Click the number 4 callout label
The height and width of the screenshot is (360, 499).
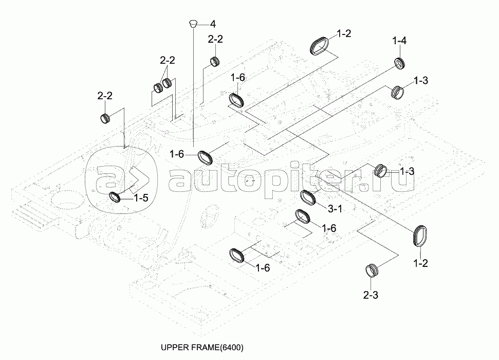(x=212, y=24)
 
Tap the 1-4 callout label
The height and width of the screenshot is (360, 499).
(x=399, y=41)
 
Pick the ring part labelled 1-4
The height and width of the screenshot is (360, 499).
(x=400, y=63)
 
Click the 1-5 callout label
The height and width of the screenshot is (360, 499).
(x=141, y=197)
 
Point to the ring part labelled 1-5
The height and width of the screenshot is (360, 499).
(x=117, y=196)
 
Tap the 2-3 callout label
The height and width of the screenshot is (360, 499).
(x=371, y=296)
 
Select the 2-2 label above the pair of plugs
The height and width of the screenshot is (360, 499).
(x=168, y=61)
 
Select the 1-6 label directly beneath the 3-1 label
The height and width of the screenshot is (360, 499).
(x=329, y=227)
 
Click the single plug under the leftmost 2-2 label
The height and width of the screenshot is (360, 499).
(x=106, y=118)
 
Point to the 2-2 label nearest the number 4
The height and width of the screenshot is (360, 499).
(x=215, y=39)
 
